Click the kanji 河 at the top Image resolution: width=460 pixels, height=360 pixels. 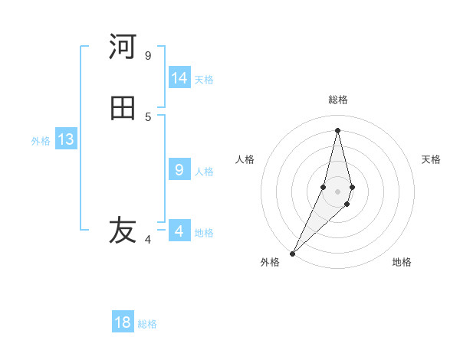click(123, 47)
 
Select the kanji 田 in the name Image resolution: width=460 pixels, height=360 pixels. click(123, 108)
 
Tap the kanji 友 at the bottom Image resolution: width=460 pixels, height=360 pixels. click(123, 230)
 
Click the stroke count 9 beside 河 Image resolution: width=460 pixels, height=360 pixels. click(148, 55)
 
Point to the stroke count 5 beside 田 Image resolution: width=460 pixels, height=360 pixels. click(148, 116)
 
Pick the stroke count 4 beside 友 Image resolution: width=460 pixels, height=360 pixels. click(148, 240)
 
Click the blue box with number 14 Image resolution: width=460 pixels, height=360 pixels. click(179, 78)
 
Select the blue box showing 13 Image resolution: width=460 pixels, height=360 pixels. click(65, 139)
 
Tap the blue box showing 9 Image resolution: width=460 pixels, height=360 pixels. click(179, 170)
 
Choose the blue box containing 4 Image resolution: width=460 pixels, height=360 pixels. click(179, 231)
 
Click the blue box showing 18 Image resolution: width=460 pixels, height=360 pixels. click(123, 322)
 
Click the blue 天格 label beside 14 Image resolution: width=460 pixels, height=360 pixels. click(204, 80)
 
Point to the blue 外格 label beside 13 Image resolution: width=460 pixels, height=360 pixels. click(41, 141)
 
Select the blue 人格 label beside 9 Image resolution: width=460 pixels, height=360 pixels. click(204, 172)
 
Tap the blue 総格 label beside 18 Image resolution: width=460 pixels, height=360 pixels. click(147, 324)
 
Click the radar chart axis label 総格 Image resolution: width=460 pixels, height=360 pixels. click(337, 100)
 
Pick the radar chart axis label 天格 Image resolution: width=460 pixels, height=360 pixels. click(431, 159)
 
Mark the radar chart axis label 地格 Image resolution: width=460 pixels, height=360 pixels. click(402, 262)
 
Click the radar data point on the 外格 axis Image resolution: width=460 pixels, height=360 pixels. click(292, 253)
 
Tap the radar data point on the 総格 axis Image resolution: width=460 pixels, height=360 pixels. click(337, 129)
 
